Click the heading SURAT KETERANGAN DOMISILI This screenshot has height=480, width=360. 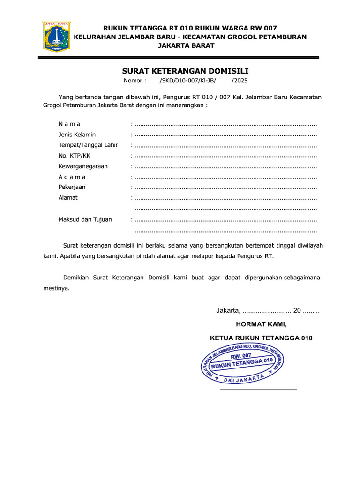[x=185, y=71]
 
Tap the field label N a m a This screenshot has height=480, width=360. [x=69, y=124]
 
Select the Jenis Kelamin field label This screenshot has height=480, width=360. [x=77, y=135]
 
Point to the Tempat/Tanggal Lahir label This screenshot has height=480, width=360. [x=88, y=145]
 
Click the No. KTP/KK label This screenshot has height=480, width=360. [x=74, y=156]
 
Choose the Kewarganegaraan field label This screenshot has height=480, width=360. [x=83, y=166]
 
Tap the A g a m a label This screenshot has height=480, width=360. [x=72, y=177]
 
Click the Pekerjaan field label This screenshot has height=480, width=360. [x=72, y=187]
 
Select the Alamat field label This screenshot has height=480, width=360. [x=68, y=197]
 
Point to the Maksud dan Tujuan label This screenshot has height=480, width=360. [x=85, y=219]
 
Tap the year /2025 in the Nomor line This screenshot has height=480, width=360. [x=240, y=81]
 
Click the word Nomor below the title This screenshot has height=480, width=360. [x=135, y=81]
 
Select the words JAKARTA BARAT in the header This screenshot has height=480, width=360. [x=186, y=45]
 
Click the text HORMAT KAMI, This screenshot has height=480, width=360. [x=261, y=324]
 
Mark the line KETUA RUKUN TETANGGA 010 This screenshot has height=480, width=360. [x=261, y=338]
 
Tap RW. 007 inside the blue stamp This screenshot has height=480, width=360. [x=241, y=357]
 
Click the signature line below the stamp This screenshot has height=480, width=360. [x=258, y=389]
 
